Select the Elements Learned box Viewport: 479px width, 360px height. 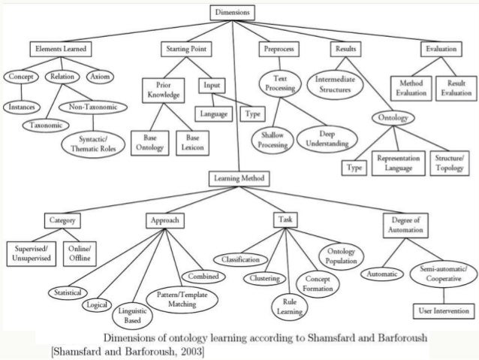(x=60, y=49)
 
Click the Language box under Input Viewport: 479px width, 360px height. (x=214, y=114)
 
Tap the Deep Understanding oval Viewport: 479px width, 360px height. (x=327, y=136)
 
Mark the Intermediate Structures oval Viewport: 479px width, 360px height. (x=339, y=83)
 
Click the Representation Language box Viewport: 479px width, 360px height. (x=398, y=164)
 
